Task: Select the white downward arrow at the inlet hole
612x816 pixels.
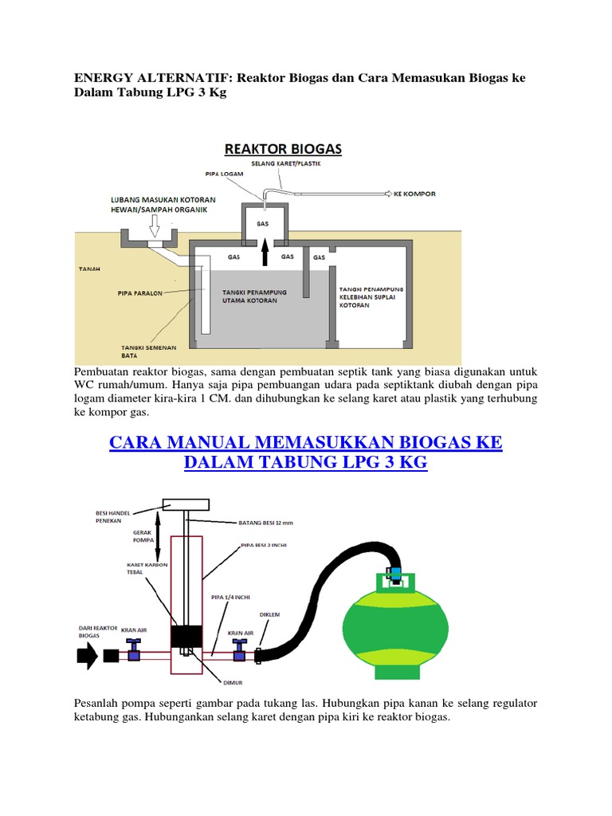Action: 155,232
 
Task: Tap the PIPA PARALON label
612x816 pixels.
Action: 142,293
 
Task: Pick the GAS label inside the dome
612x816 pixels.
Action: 262,224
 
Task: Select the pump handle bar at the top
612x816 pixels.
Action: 186,504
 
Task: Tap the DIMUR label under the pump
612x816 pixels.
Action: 211,681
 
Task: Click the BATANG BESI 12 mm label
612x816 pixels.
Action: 266,523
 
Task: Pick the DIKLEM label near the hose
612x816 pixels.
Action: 269,614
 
